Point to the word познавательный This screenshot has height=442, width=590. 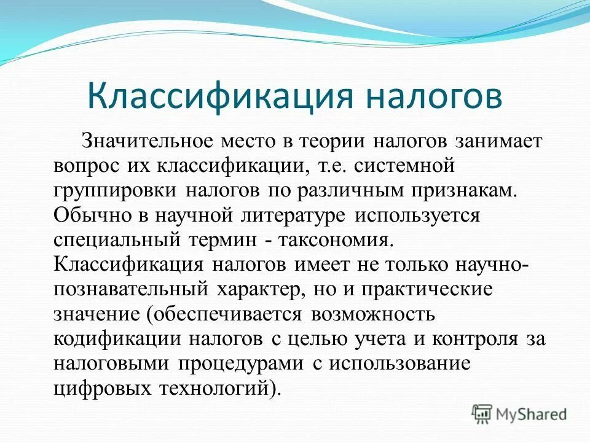coord(132,289)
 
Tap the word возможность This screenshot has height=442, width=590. coord(373,314)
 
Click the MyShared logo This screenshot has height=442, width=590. coord(519,414)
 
